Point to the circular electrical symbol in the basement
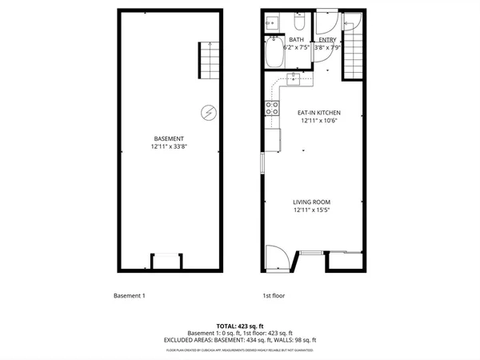click(x=209, y=113)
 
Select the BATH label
click(x=296, y=39)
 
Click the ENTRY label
click(x=327, y=39)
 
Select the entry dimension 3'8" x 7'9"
click(x=327, y=48)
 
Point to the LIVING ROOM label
click(x=311, y=202)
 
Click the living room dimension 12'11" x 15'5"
click(x=311, y=210)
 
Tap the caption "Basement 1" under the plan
click(x=129, y=295)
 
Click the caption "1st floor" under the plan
click(x=274, y=295)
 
